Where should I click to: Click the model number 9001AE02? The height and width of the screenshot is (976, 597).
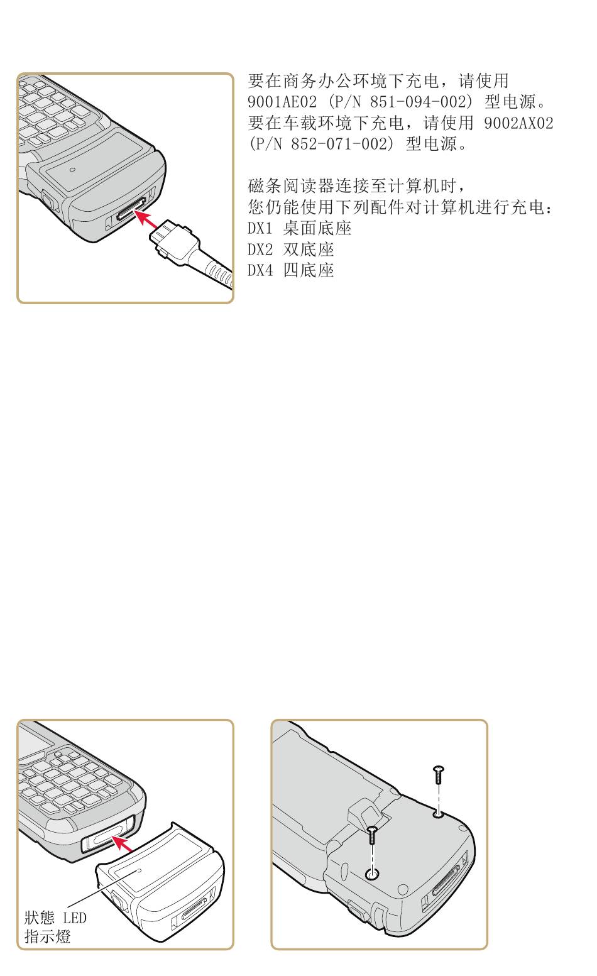(x=282, y=102)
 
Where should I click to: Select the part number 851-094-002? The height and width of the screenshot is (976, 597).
(x=418, y=102)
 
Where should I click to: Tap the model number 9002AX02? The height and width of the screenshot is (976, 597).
(x=518, y=123)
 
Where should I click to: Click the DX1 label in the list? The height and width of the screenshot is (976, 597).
(x=260, y=228)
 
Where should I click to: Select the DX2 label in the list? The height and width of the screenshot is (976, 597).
(x=260, y=249)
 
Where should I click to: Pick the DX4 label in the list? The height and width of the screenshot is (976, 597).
(x=260, y=271)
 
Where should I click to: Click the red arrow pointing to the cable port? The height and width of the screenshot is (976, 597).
(x=146, y=219)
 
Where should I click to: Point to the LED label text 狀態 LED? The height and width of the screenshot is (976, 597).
(x=55, y=918)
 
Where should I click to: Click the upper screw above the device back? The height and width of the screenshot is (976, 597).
(x=439, y=774)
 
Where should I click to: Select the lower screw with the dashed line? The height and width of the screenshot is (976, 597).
(x=371, y=835)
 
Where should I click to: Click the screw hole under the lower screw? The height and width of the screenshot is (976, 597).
(x=371, y=874)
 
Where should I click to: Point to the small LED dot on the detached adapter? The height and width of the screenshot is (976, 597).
(x=139, y=870)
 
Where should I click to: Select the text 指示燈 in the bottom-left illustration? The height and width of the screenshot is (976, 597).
(x=47, y=936)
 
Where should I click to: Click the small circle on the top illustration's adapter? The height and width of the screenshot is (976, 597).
(x=73, y=170)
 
